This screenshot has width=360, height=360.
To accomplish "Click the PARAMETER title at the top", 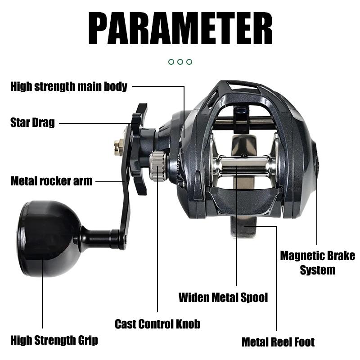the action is (180, 28).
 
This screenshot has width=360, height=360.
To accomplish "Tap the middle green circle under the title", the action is (180, 62).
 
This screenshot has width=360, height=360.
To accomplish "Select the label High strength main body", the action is (69, 86).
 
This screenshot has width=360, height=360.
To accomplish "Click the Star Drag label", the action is (32, 122).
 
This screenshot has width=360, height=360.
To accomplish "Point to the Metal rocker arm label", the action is (51, 181).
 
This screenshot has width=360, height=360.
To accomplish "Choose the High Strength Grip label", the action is (54, 340).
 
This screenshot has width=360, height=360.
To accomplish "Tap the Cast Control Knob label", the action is (157, 324).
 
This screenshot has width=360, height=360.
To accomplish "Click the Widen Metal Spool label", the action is (223, 297).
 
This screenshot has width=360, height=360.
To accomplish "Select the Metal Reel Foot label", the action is (278, 342).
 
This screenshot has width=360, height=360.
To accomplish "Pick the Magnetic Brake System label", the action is (318, 263).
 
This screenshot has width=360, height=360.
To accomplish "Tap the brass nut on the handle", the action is (118, 147).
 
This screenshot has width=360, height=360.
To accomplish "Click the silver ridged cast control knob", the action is (158, 166).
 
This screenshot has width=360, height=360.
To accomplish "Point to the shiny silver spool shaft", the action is (243, 166).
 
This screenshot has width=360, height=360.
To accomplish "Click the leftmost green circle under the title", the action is (171, 62).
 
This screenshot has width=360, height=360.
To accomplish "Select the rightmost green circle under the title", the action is (189, 62).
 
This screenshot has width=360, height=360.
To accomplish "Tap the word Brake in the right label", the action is (341, 256).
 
